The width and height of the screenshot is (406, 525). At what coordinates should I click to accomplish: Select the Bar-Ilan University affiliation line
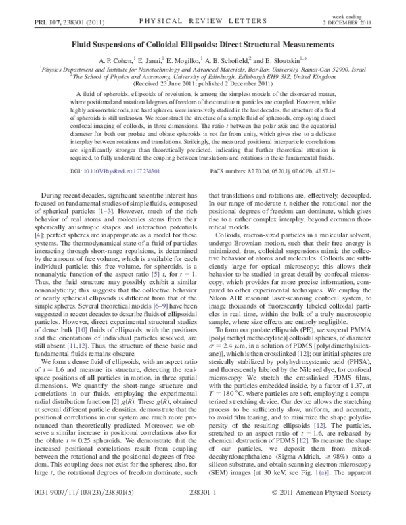point(203,68)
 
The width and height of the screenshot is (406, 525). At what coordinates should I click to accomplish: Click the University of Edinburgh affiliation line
point(203,76)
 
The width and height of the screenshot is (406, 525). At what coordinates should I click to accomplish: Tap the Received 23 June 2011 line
point(203,83)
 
